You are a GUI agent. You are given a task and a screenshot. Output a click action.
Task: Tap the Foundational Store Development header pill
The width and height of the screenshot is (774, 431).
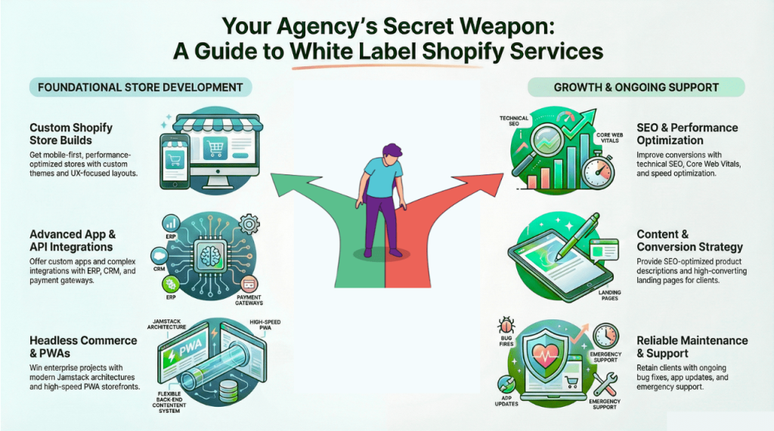coord(141,87)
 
